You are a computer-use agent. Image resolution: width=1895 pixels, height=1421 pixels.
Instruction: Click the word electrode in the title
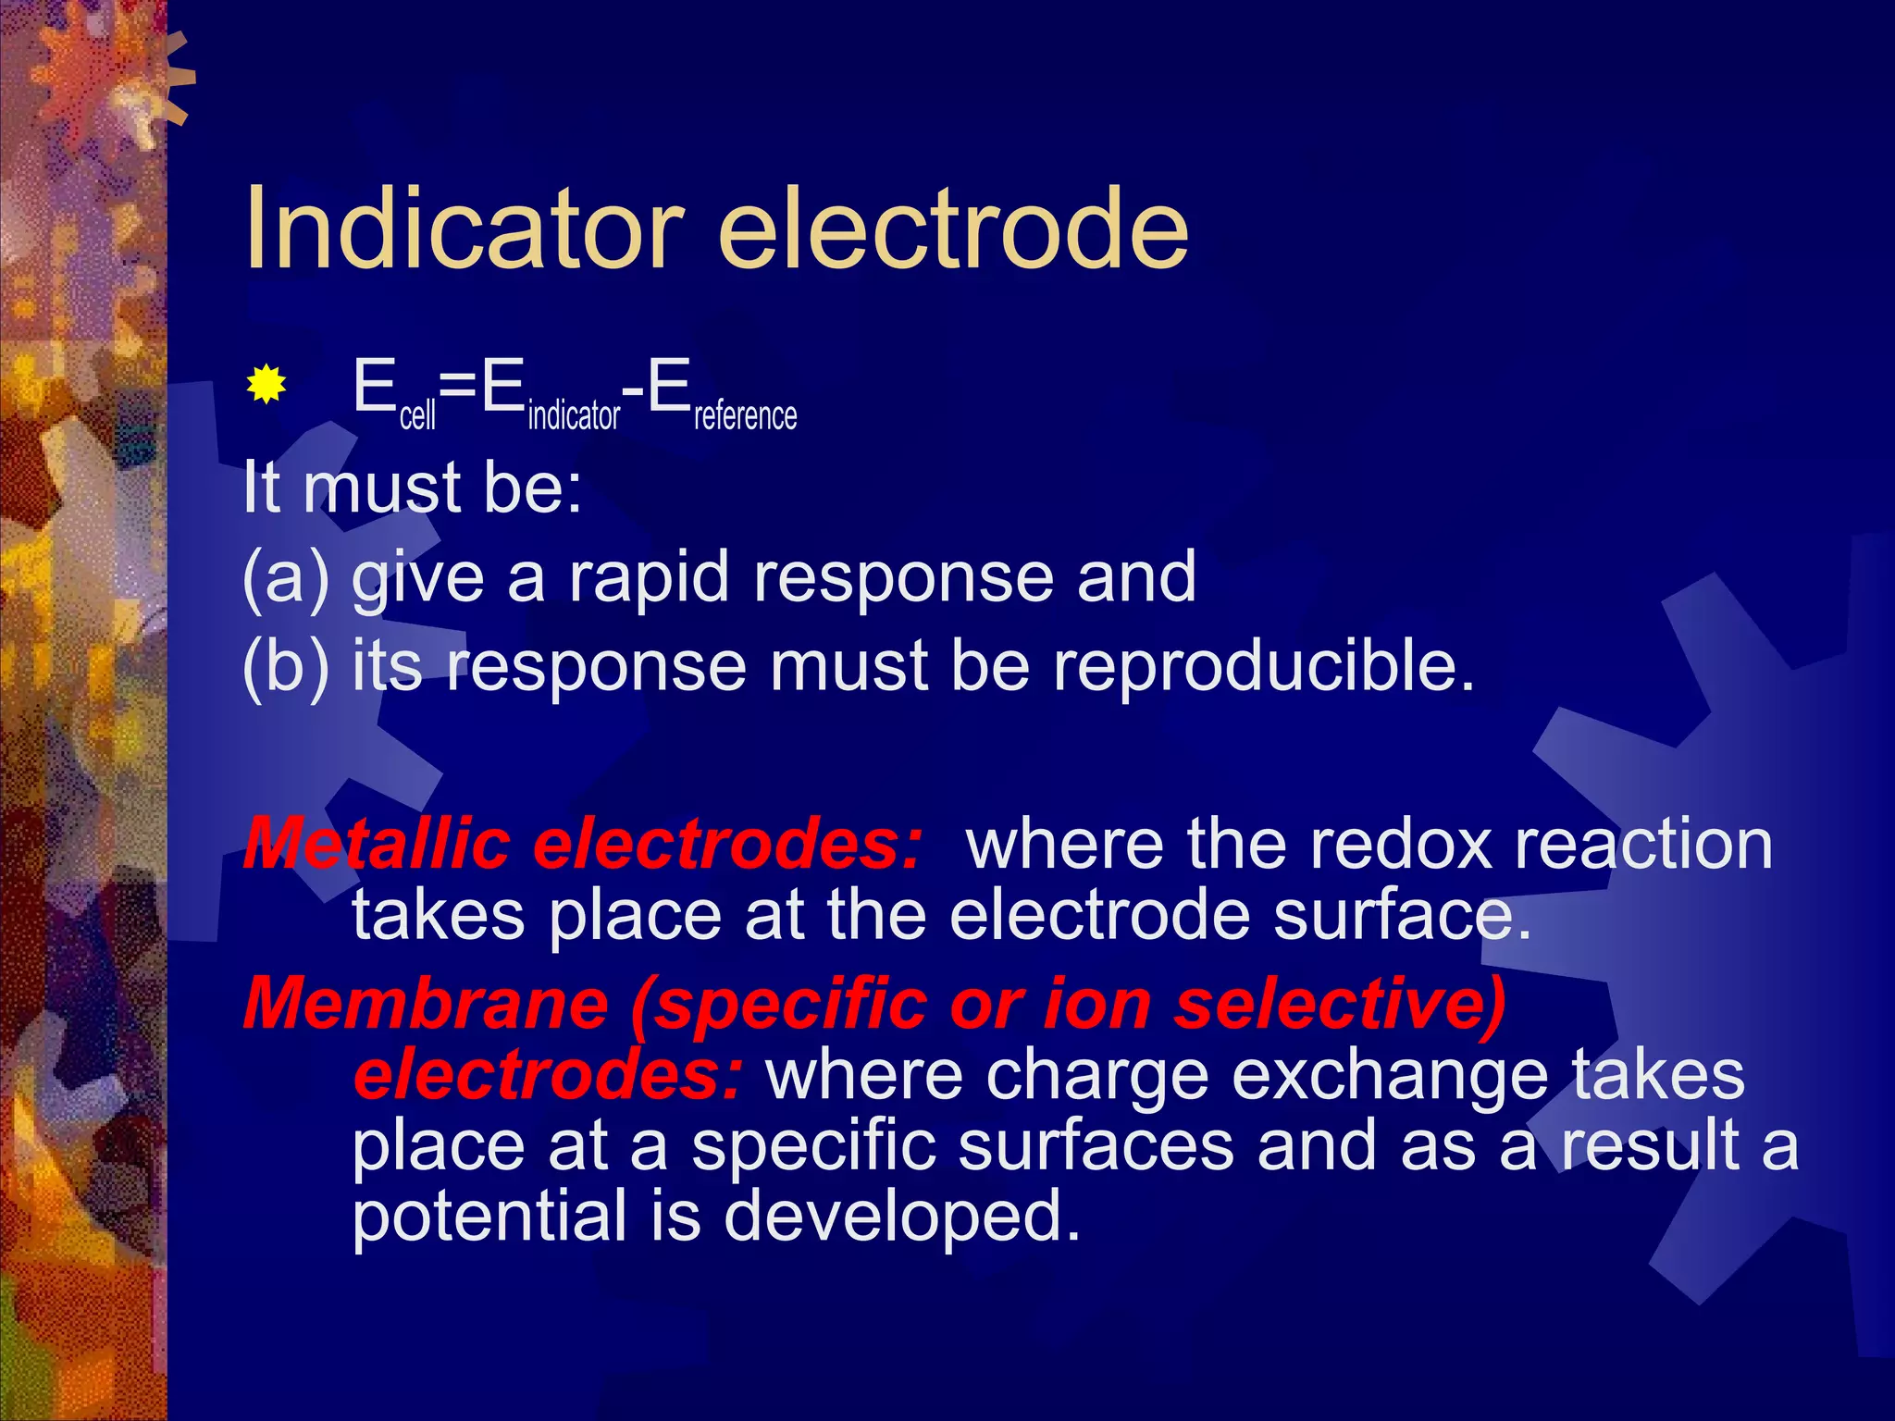pyautogui.click(x=952, y=228)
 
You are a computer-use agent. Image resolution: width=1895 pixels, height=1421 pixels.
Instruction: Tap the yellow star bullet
pyautogui.click(x=266, y=384)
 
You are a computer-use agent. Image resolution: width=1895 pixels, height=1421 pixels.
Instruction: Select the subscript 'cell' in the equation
pyautogui.click(x=417, y=415)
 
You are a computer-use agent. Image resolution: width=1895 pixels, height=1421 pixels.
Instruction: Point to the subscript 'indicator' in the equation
pyautogui.click(x=574, y=415)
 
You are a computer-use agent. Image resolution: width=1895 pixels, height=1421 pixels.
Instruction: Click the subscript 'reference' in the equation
pyautogui.click(x=745, y=415)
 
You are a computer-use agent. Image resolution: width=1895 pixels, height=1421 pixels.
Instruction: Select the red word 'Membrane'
pyautogui.click(x=426, y=1004)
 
